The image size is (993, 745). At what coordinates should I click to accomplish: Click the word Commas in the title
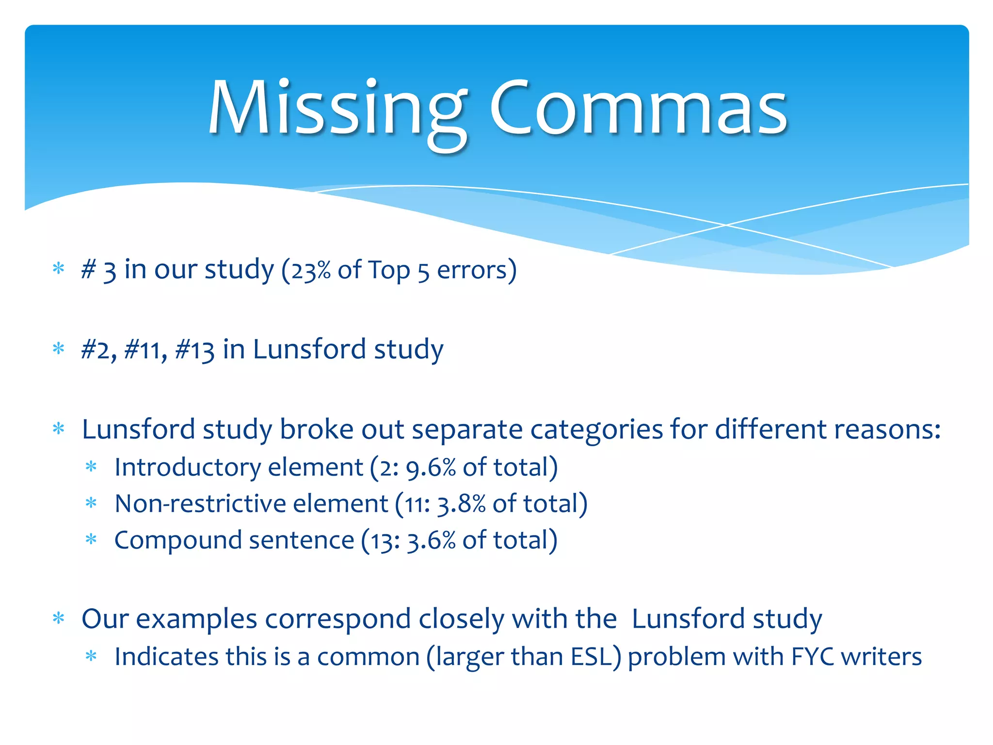(x=639, y=109)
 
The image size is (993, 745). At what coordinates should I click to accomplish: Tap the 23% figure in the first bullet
(x=311, y=270)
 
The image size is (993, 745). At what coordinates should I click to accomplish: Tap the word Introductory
(x=190, y=468)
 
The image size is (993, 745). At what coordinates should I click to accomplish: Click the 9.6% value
(x=431, y=468)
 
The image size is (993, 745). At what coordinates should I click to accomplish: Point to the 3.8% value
(x=461, y=504)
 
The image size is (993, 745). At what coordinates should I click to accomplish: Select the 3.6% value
(x=431, y=540)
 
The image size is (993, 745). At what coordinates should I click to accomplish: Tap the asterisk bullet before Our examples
(x=59, y=618)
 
